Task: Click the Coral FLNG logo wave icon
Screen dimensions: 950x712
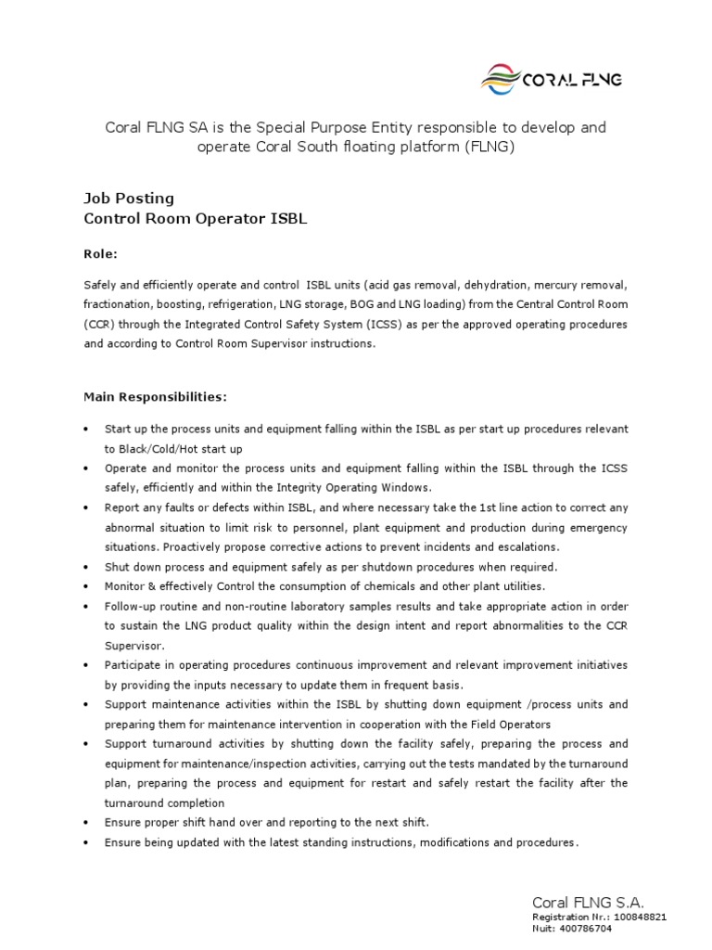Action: [x=502, y=80]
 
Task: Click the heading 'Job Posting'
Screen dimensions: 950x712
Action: [x=129, y=199]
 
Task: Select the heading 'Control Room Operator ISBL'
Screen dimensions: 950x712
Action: [x=195, y=219]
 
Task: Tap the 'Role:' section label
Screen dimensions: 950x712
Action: [x=101, y=254]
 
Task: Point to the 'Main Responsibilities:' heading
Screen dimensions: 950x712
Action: [x=155, y=397]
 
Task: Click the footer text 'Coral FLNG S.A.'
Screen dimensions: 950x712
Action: [x=587, y=903]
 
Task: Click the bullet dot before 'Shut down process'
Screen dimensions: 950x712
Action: [x=86, y=567]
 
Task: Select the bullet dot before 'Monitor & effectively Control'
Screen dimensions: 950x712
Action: [x=86, y=587]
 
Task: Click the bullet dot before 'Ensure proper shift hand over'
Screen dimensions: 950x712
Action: [x=86, y=823]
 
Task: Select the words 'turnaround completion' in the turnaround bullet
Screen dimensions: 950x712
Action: [x=164, y=802]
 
